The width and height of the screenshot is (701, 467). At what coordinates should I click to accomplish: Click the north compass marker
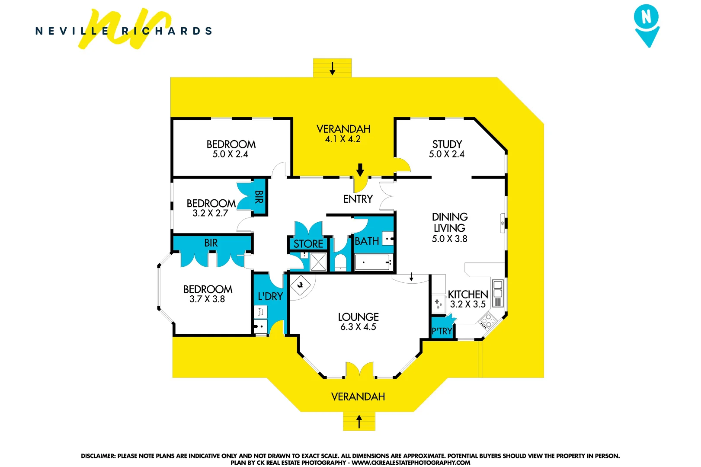pyautogui.click(x=647, y=25)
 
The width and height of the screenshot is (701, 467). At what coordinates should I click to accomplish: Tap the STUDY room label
pyautogui.click(x=447, y=144)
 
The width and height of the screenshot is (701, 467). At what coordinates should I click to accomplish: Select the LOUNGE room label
pyautogui.click(x=358, y=317)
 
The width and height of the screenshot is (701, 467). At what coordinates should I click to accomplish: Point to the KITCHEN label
pyautogui.click(x=468, y=294)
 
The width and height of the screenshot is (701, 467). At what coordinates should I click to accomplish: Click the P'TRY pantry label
pyautogui.click(x=442, y=332)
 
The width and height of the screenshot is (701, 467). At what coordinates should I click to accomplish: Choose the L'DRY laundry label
pyautogui.click(x=270, y=297)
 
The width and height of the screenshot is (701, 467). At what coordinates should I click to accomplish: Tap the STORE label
pyautogui.click(x=308, y=244)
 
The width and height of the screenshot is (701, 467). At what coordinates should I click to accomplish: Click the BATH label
pyautogui.click(x=367, y=241)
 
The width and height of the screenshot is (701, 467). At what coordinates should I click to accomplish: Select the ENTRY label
pyautogui.click(x=358, y=199)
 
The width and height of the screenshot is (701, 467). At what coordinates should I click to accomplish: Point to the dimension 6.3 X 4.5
pyautogui.click(x=358, y=327)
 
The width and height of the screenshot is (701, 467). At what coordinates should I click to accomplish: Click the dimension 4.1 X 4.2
pyautogui.click(x=343, y=139)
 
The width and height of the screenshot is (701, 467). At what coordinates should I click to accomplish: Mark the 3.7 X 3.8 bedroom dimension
pyautogui.click(x=207, y=299)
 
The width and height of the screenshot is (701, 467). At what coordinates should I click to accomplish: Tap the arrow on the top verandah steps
pyautogui.click(x=332, y=68)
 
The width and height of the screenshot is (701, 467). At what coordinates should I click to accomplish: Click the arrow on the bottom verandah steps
pyautogui.click(x=359, y=421)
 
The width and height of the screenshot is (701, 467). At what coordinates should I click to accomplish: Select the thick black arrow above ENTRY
pyautogui.click(x=360, y=170)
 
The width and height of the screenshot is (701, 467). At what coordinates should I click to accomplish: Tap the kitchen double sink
pyautogui.click(x=498, y=289)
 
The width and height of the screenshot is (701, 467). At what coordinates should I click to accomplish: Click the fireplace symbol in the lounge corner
pyautogui.click(x=300, y=285)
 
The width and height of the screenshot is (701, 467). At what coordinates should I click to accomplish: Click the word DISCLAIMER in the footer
pyautogui.click(x=98, y=456)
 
